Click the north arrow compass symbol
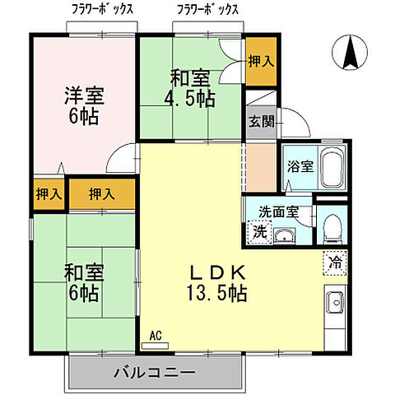350,55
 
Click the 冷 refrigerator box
335,263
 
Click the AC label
156,336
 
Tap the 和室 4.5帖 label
193,89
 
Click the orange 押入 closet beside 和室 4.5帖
261,62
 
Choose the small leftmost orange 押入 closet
48,195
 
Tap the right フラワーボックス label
207,10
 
